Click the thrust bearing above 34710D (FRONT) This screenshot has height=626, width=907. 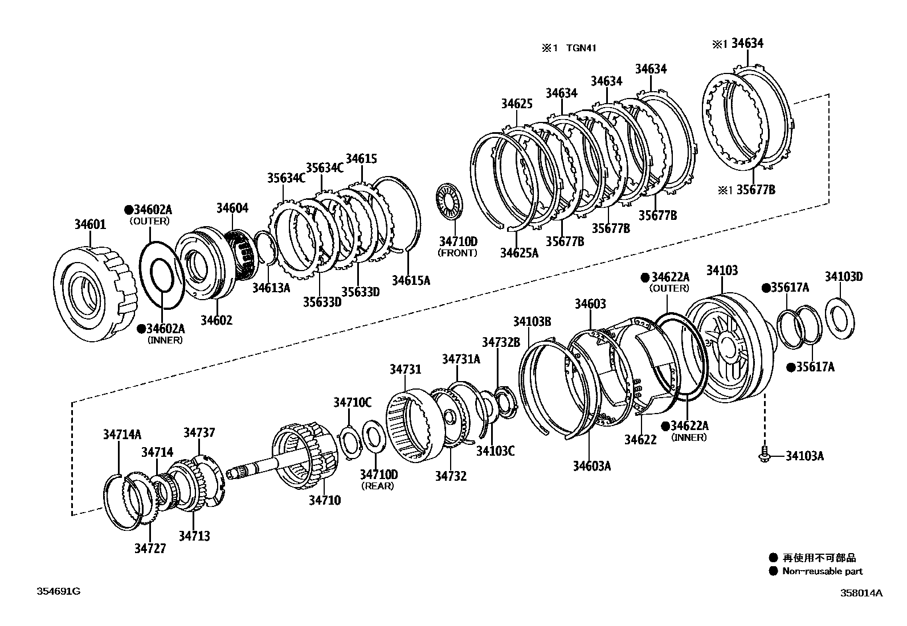tap(450, 204)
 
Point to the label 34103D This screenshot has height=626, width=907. tap(843, 277)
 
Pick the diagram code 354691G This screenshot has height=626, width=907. tap(59, 591)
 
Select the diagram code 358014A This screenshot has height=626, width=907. tap(861, 593)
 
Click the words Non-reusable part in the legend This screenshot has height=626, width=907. tap(822, 571)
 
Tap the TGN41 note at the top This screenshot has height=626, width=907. tap(581, 48)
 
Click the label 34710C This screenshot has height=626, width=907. tap(352, 403)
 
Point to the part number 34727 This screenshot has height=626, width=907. tap(150, 549)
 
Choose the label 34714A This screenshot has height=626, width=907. tap(122, 435)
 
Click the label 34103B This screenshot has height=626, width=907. tap(532, 322)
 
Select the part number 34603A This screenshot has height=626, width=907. tap(591, 466)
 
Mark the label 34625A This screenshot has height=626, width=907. tap(519, 252)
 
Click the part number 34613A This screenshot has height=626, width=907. tap(271, 288)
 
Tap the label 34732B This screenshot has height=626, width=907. tap(501, 342)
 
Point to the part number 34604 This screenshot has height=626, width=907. tap(232, 208)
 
